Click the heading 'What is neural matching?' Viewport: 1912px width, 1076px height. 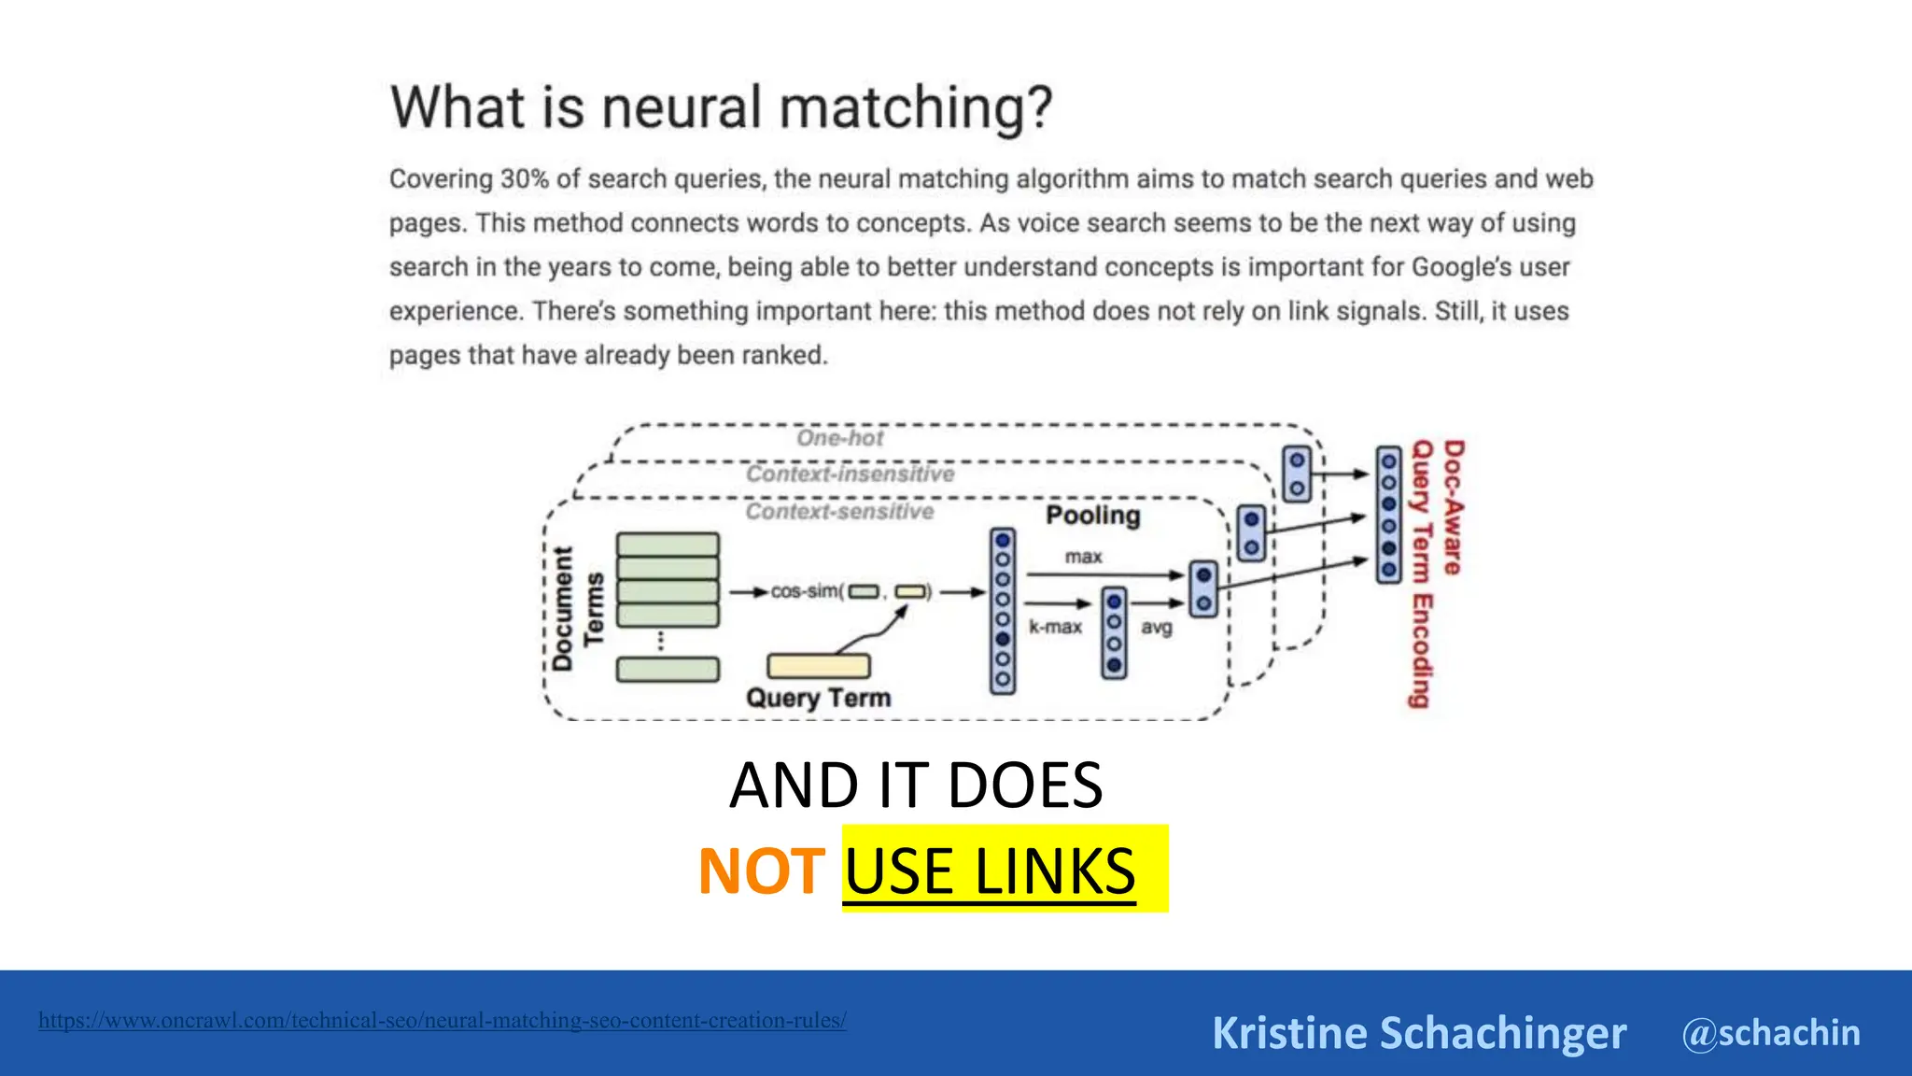721,107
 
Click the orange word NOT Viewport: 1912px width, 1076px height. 761,871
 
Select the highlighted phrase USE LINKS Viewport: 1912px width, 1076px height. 991,871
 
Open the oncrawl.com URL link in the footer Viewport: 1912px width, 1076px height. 443,1020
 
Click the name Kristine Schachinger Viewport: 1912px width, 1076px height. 1418,1033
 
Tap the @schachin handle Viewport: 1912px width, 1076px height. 1771,1033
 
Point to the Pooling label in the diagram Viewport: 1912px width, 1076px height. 1092,516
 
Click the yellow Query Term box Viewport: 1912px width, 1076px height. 818,666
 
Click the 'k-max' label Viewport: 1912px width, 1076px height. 1055,627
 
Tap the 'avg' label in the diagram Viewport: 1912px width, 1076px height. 1156,628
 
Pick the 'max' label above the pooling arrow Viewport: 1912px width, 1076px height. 1083,557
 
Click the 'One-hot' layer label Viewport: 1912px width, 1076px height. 839,438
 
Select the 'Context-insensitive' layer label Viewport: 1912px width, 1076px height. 850,474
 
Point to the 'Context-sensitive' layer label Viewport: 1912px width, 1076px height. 839,512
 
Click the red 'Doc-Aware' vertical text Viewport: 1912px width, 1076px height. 1454,507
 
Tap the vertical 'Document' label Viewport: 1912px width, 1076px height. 562,609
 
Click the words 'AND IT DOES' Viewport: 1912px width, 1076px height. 916,786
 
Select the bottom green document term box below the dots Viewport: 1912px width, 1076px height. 668,670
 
